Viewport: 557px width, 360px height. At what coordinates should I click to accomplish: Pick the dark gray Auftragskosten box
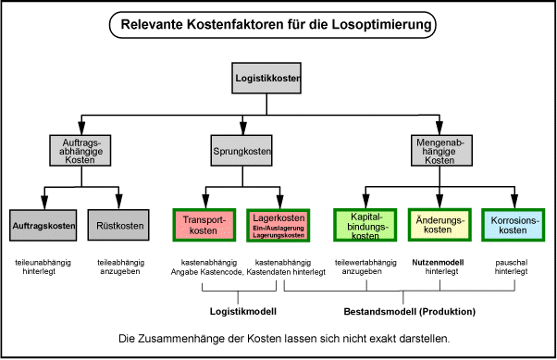click(43, 225)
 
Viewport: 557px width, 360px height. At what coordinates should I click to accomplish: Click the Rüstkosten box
click(120, 225)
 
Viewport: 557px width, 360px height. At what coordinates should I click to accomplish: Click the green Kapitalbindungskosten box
click(362, 225)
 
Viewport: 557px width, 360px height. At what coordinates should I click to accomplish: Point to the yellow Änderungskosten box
click(438, 225)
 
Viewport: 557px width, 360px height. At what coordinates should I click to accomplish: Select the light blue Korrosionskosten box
click(512, 225)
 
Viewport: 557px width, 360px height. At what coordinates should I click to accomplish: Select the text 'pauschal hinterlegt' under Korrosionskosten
click(512, 267)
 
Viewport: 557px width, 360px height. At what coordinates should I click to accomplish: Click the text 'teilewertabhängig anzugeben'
click(362, 267)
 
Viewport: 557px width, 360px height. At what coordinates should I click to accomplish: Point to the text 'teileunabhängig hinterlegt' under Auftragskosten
click(43, 267)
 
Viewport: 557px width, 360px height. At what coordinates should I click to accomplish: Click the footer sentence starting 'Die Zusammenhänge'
click(285, 339)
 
